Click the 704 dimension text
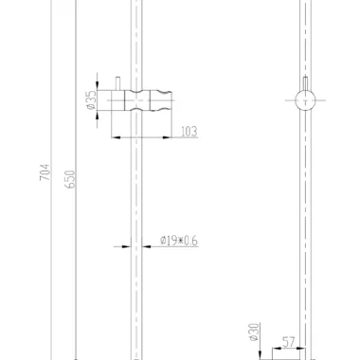(x=45, y=172)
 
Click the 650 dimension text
(x=70, y=179)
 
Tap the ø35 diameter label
(x=91, y=100)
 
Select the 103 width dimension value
(x=189, y=132)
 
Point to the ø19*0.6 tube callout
(x=179, y=241)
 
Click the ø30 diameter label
(x=254, y=332)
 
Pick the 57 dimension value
(x=288, y=342)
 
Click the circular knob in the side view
(x=305, y=100)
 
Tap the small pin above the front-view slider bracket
(x=117, y=83)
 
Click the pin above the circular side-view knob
(x=305, y=83)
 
